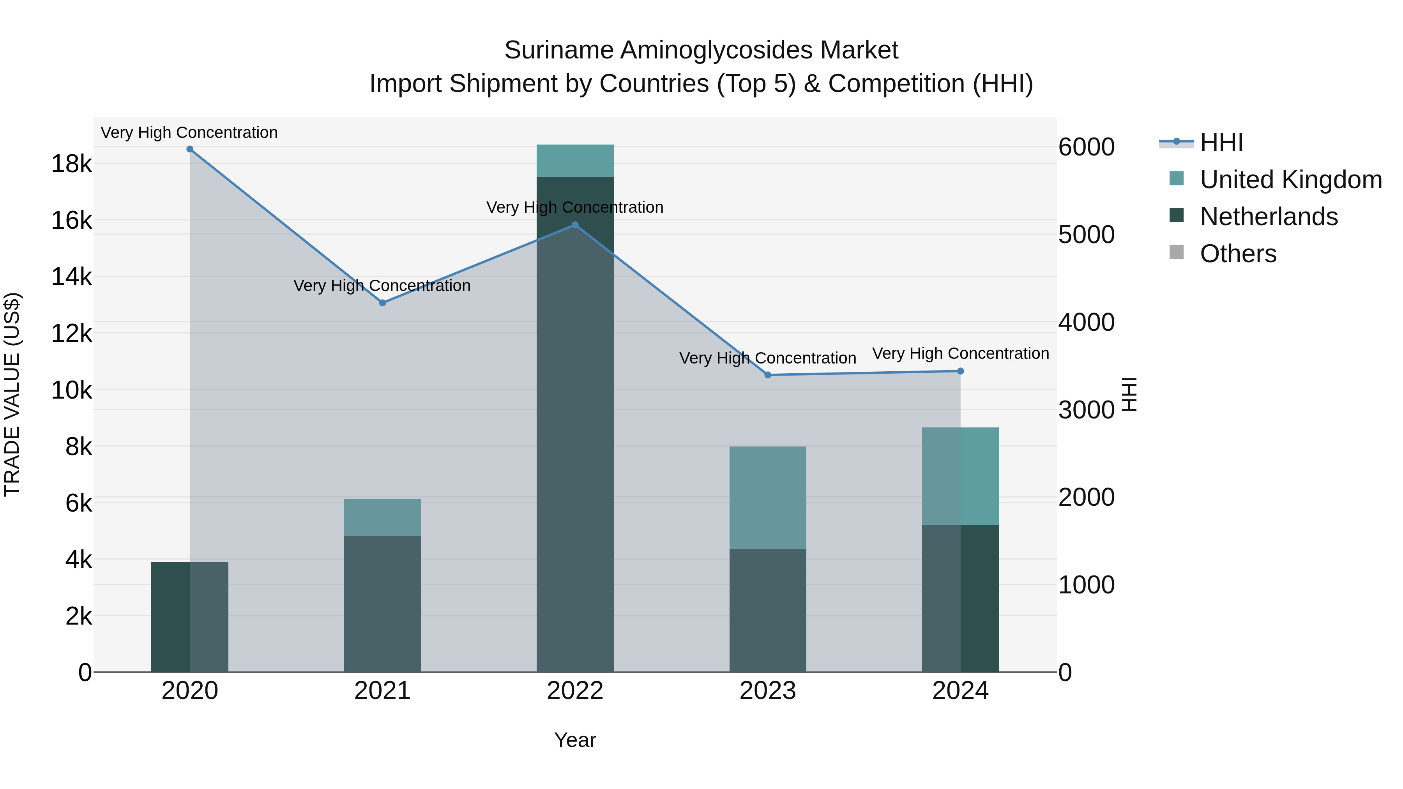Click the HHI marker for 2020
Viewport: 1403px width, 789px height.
[x=189, y=149]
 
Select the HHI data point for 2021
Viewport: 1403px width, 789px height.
[x=382, y=303]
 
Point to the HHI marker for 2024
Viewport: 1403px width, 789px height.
[x=960, y=371]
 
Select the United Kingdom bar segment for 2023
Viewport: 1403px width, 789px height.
[x=768, y=498]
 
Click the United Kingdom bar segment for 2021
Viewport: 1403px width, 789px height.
[x=382, y=517]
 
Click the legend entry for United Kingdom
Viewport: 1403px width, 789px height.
[x=1290, y=180]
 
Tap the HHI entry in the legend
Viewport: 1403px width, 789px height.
[x=1221, y=143]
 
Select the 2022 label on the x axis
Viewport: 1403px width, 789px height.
[x=575, y=691]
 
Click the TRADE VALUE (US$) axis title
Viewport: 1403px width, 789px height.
[x=12, y=394]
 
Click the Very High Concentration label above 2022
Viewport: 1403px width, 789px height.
[x=575, y=207]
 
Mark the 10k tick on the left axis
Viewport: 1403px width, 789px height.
[x=71, y=390]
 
